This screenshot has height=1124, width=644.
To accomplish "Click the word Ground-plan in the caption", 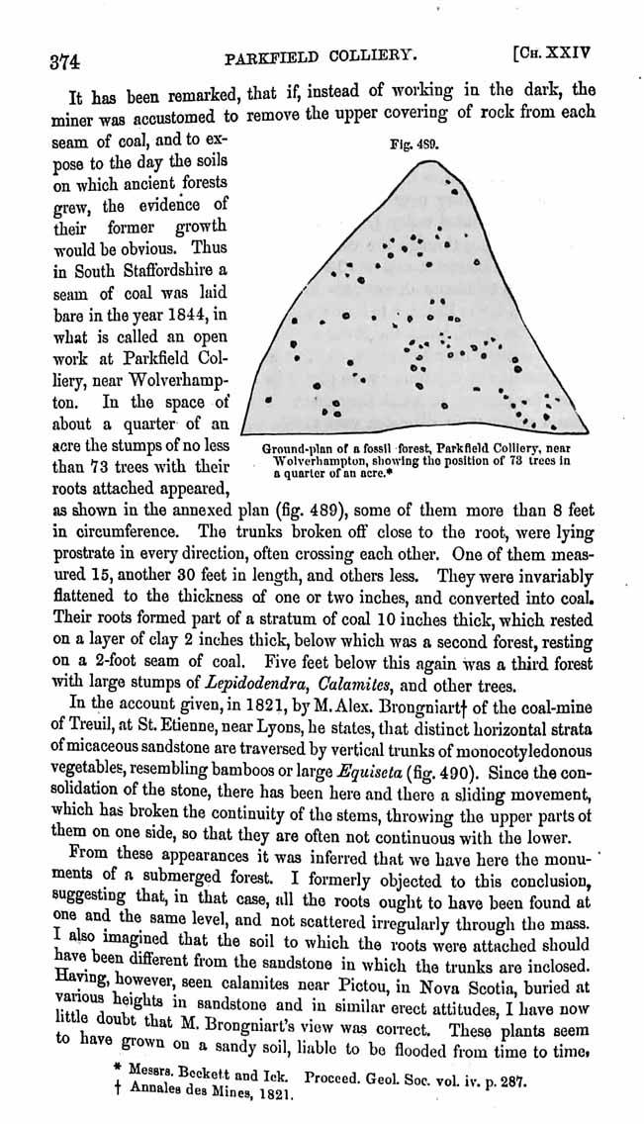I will point(296,449).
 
